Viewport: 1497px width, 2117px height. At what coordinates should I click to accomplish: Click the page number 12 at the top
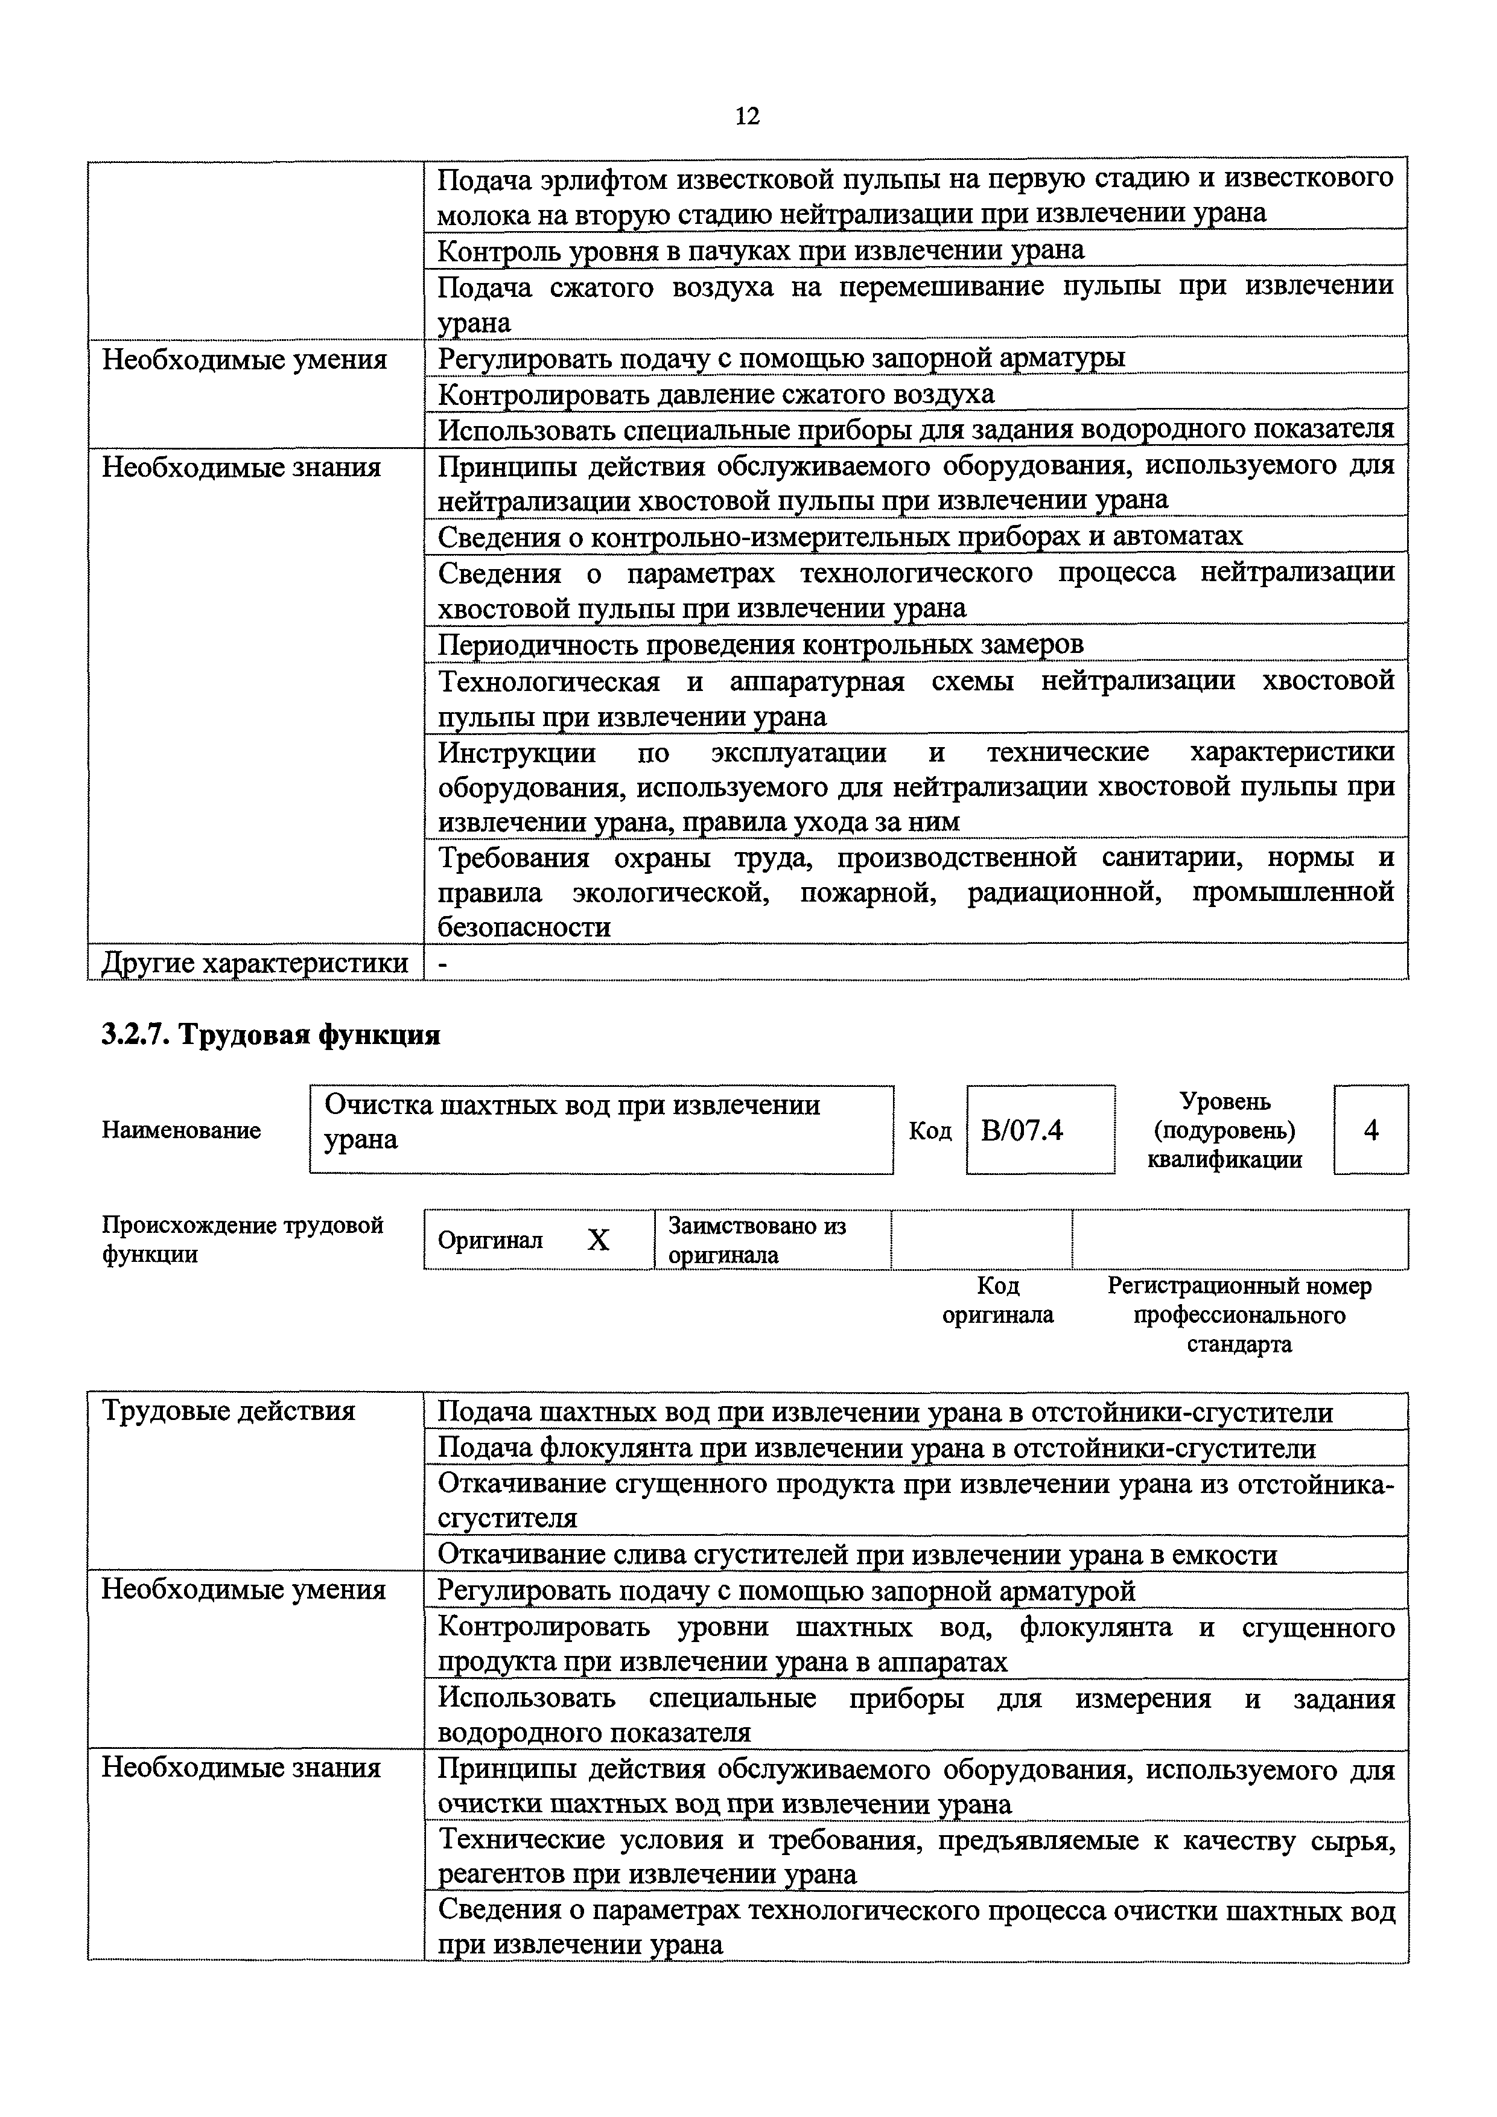[748, 116]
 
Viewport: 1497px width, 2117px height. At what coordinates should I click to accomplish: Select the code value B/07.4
[1022, 1130]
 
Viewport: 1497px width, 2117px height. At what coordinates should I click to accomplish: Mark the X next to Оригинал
[598, 1240]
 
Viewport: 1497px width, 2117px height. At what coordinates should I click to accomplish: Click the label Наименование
[182, 1130]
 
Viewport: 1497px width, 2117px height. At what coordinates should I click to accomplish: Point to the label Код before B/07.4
[929, 1130]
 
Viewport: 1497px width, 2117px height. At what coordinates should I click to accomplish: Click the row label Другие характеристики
[255, 963]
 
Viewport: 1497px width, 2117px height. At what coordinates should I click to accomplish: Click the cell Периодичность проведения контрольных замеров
[760, 643]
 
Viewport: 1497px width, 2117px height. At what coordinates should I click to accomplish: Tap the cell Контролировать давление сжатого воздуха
[716, 395]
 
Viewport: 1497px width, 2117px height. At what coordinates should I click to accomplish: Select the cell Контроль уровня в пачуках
[760, 250]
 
